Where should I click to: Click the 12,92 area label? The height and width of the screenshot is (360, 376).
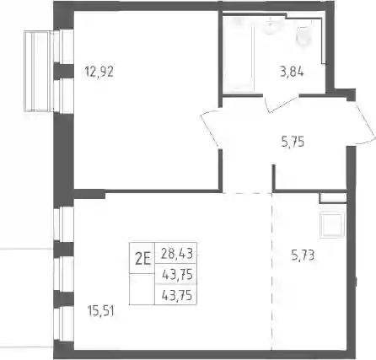(x=99, y=72)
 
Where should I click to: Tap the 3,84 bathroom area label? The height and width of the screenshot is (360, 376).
(x=292, y=72)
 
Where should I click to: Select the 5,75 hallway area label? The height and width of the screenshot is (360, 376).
(x=293, y=142)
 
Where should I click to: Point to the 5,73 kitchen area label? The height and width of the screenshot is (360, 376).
(x=303, y=255)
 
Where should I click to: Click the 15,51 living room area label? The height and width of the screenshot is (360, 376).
(x=101, y=311)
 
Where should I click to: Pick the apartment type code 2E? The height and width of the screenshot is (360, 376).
(x=142, y=259)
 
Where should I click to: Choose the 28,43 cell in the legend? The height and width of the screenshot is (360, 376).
(x=177, y=254)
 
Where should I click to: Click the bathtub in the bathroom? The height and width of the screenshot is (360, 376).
(x=239, y=53)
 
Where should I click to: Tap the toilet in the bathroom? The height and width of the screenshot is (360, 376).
(x=303, y=35)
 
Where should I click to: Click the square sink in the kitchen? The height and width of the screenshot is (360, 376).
(x=332, y=225)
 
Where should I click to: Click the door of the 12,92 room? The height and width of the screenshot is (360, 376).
(x=211, y=127)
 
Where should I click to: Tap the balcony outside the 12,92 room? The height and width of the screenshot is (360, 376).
(x=39, y=72)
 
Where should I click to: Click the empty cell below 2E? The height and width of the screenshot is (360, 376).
(x=142, y=289)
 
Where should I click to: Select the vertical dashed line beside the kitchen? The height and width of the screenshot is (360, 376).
(x=271, y=271)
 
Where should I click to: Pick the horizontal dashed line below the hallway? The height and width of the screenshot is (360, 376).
(x=247, y=193)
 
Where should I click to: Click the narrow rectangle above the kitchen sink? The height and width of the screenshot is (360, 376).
(x=333, y=198)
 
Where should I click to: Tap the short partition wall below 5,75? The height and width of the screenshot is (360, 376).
(x=274, y=177)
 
